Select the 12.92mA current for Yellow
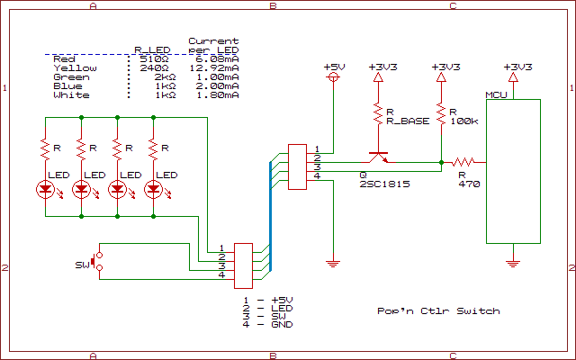(213, 68)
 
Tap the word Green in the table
(71, 77)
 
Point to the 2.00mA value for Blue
(217, 86)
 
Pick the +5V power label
(334, 67)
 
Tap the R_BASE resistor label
(407, 121)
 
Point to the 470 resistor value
(468, 184)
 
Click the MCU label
(495, 94)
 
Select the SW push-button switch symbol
(97, 262)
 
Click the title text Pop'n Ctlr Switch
(438, 311)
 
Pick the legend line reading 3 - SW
(267, 315)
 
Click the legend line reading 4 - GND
(269, 324)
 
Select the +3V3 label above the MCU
(517, 67)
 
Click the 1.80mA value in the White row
(217, 95)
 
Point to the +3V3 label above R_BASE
(383, 67)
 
